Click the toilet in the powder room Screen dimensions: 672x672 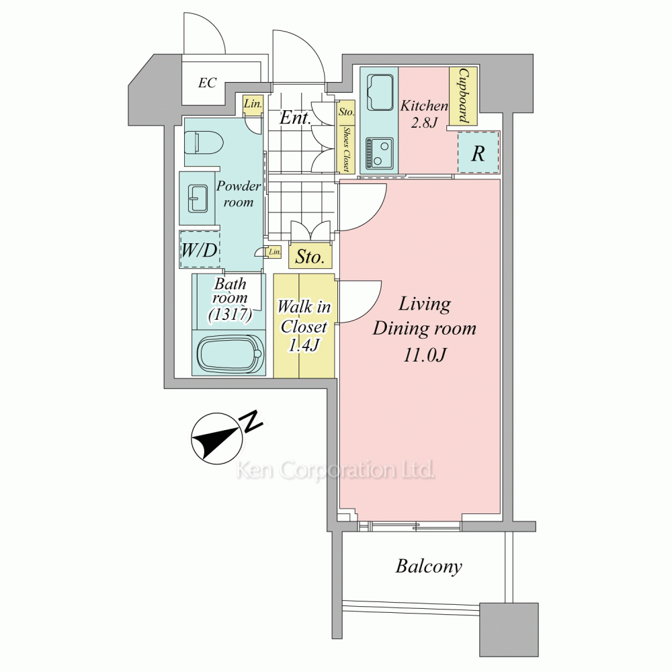coord(204,142)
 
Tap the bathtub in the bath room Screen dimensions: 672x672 coord(230,353)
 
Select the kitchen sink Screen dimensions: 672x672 coord(380,93)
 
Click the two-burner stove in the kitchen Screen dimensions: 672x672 coord(379,153)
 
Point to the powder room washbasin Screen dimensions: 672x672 coord(198,198)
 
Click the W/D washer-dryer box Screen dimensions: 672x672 coord(200,250)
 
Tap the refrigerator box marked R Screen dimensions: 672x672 coord(478,153)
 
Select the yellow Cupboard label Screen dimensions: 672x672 coord(464,95)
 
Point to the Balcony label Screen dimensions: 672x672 coord(429,566)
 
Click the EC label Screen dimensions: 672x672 coord(208,83)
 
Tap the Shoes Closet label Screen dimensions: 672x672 coord(346,149)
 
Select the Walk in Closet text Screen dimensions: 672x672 coord(304,317)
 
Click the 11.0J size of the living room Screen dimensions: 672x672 coord(424,355)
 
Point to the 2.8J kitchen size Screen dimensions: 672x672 coord(424,123)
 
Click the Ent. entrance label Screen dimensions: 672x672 coord(295,118)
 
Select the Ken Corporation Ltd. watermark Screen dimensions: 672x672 coord(335,470)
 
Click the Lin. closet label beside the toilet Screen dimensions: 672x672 coord(253,103)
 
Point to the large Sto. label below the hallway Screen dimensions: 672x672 coord(309,257)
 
